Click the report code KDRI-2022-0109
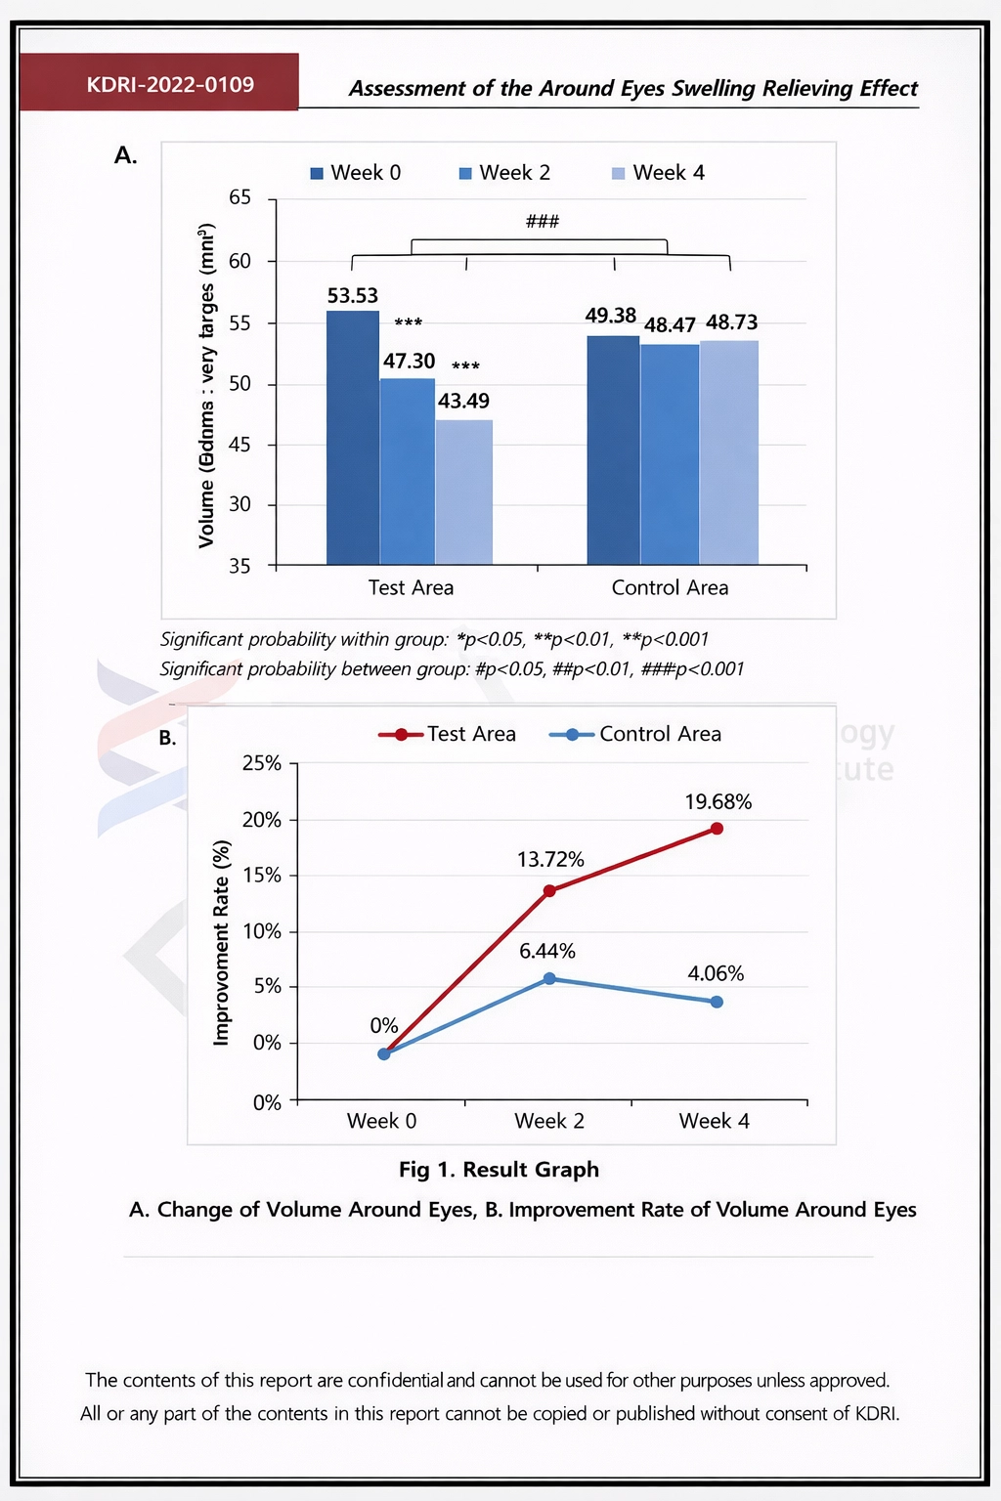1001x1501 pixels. coord(170,84)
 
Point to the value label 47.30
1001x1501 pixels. coord(409,362)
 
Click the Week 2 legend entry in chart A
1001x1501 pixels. coord(504,173)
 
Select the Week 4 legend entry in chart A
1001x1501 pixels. coord(658,173)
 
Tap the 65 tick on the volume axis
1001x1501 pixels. coord(239,197)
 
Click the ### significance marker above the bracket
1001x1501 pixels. coord(543,222)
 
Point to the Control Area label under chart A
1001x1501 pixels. coord(670,587)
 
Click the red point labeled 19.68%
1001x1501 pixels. coord(717,829)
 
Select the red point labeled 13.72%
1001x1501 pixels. coord(549,890)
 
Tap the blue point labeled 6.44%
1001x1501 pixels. coord(549,978)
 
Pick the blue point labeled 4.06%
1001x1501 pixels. coord(717,1002)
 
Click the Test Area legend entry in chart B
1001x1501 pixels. coord(448,734)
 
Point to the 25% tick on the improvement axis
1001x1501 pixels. coord(261,763)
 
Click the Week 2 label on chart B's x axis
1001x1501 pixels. coord(549,1121)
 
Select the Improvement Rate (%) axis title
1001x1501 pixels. coord(222,943)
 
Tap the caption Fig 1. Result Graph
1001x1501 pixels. coord(499,1170)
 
